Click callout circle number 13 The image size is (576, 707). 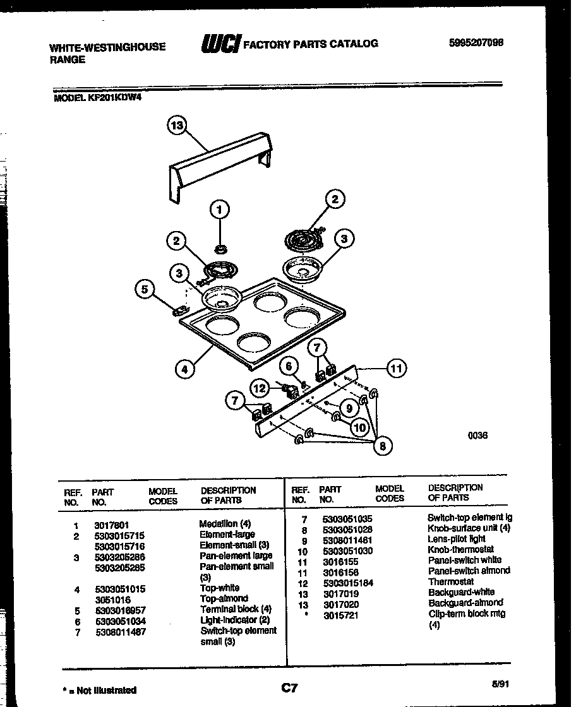(178, 127)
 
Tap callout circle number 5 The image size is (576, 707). (145, 290)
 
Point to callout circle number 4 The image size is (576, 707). (184, 369)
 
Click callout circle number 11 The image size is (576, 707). (396, 368)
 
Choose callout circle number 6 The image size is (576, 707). (289, 366)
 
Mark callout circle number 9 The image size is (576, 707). (348, 408)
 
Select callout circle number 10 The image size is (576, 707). (359, 427)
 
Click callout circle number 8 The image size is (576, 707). (381, 446)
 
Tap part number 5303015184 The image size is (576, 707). (347, 582)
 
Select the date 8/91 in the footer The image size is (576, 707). (499, 683)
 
